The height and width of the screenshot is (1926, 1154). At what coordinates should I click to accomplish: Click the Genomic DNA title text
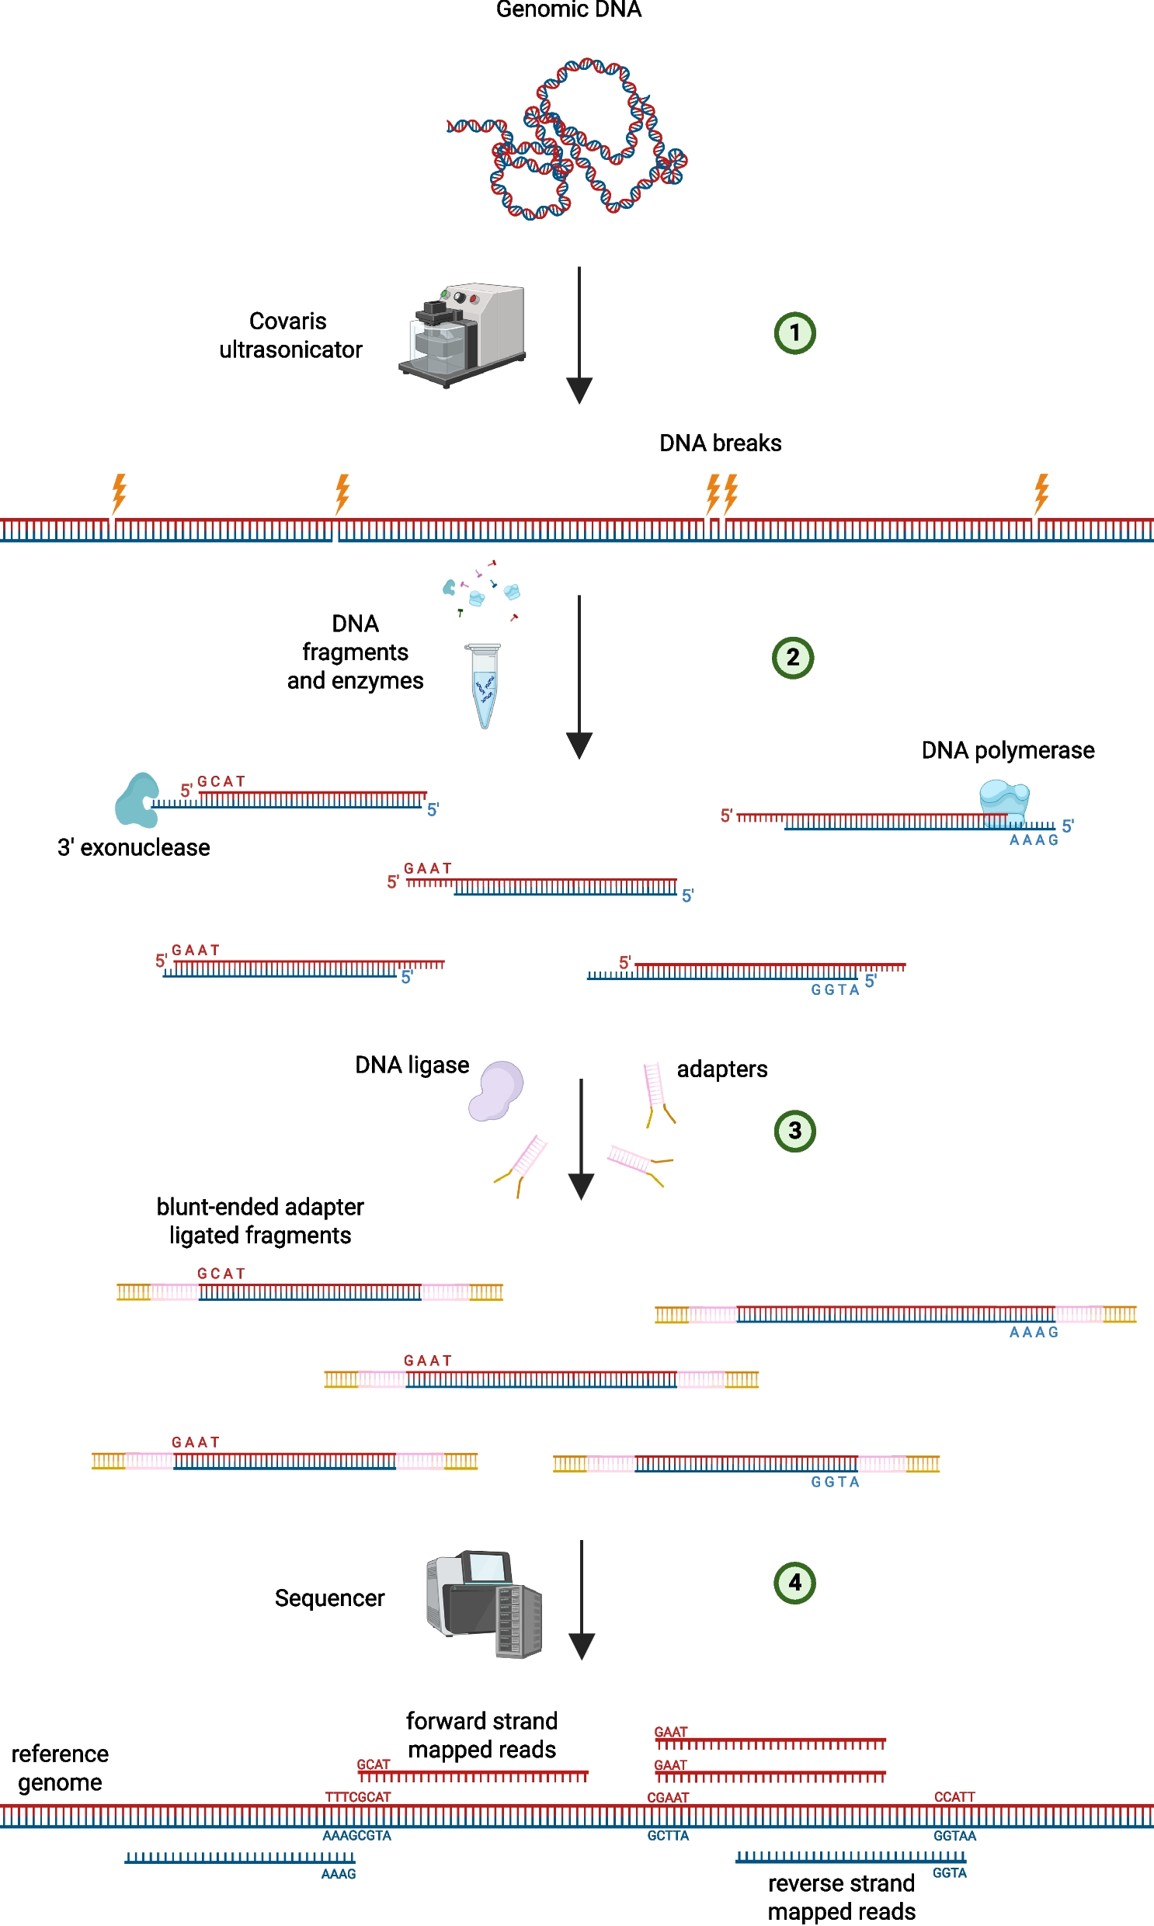[568, 9]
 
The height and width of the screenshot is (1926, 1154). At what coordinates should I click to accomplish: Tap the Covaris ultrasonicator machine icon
[463, 335]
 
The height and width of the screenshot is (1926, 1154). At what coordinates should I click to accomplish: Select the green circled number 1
[794, 333]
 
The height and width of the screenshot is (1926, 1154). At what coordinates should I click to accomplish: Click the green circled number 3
[794, 1130]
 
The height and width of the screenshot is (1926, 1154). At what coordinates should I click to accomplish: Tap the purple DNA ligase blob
[496, 1090]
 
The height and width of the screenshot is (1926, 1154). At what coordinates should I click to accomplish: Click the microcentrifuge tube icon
[484, 685]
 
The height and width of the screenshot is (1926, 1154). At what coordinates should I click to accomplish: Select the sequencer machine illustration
[484, 1603]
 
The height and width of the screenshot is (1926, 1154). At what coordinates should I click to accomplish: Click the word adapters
[721, 1069]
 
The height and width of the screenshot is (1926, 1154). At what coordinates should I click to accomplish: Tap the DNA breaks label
[720, 443]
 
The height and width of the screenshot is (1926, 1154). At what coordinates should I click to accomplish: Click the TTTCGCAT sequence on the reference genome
[358, 1797]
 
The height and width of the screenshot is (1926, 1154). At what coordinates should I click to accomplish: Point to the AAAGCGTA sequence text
[357, 1836]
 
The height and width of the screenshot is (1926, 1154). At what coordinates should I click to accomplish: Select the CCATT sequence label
[954, 1797]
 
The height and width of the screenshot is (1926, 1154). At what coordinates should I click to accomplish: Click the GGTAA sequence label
[954, 1836]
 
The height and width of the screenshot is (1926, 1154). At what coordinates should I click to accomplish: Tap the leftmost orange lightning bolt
[119, 492]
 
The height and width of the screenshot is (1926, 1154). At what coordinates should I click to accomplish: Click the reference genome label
[60, 1768]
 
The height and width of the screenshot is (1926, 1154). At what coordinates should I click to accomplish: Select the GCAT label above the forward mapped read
[374, 1764]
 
